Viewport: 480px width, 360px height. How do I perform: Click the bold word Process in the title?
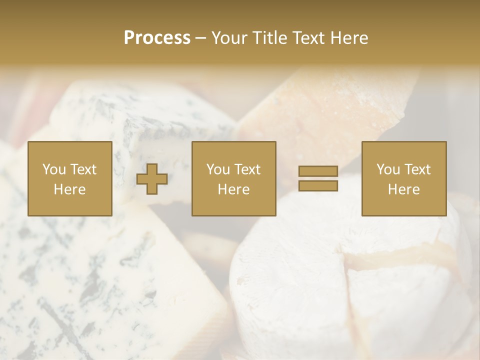click(157, 38)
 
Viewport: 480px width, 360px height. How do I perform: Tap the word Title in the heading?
click(270, 38)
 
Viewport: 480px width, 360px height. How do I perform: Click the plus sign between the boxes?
click(152, 179)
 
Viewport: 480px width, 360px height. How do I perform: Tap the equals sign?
click(318, 179)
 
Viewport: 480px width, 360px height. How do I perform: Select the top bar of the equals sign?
click(318, 171)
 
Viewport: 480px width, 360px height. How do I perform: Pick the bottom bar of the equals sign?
click(318, 186)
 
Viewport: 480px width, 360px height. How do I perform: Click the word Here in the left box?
click(69, 189)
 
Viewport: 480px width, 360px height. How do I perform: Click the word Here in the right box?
click(403, 189)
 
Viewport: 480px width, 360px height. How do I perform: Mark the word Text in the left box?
click(83, 169)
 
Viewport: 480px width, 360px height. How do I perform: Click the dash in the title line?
click(200, 38)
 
